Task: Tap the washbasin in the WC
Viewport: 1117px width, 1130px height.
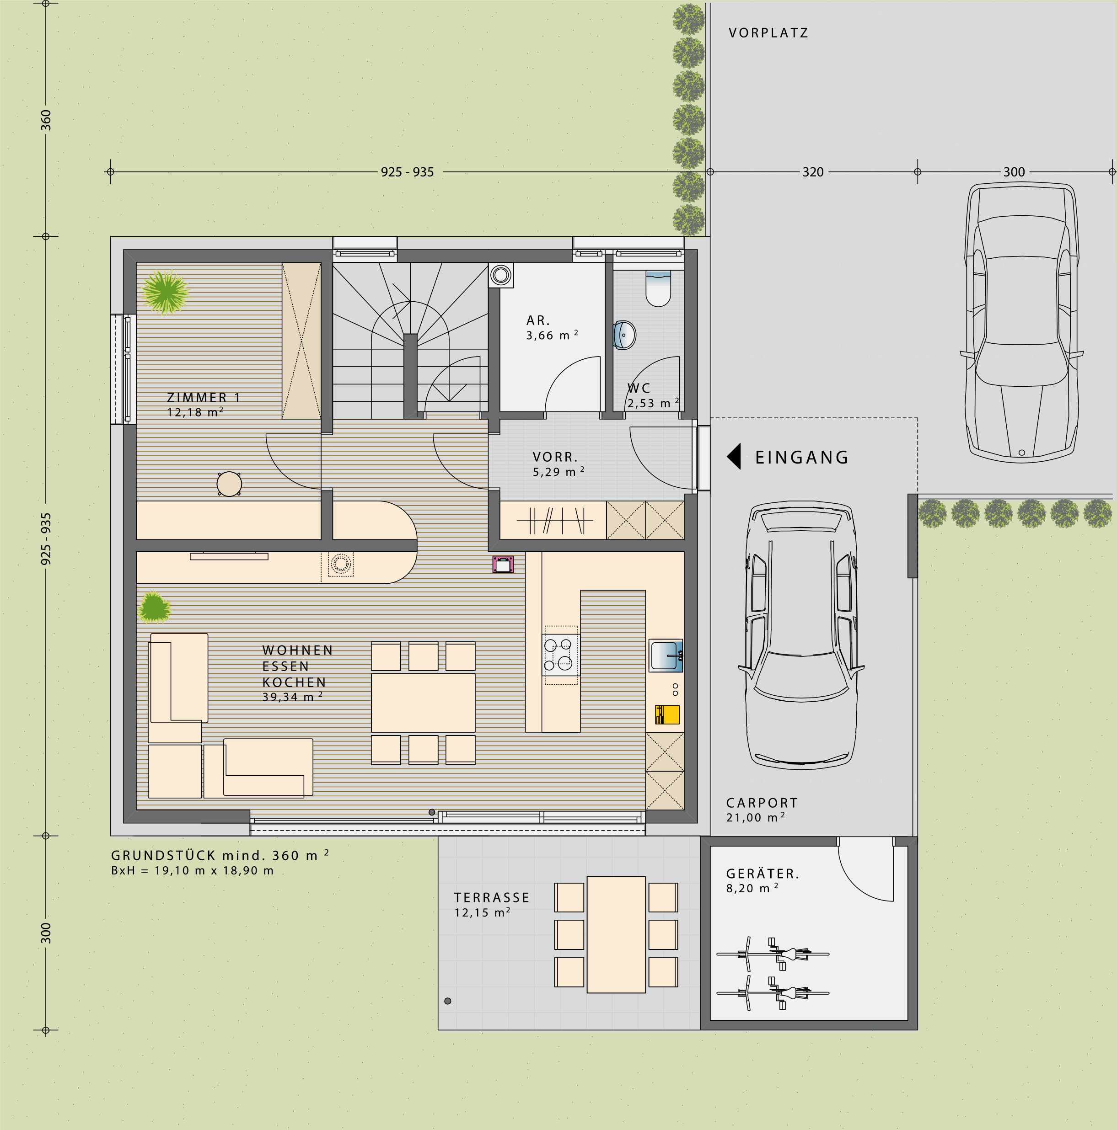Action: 624,335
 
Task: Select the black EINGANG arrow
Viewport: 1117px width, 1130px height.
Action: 734,456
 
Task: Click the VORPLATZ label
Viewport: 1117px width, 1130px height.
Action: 768,33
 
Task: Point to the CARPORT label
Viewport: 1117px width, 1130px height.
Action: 762,803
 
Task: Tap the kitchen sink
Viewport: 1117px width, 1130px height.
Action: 666,655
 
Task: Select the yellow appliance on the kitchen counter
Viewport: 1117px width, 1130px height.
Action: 667,715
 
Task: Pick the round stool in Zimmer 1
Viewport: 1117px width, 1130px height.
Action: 229,484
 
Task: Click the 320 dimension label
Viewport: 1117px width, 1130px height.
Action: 813,172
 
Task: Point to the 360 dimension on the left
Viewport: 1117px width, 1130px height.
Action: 46,120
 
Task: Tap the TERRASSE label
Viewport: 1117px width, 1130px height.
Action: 492,898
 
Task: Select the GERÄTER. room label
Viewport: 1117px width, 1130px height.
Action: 763,874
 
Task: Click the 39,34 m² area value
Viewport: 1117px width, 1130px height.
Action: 293,697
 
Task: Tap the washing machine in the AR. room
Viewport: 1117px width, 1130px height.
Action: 501,275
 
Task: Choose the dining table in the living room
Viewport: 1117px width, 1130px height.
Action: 423,703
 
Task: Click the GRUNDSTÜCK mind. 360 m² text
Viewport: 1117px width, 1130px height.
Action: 220,855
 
